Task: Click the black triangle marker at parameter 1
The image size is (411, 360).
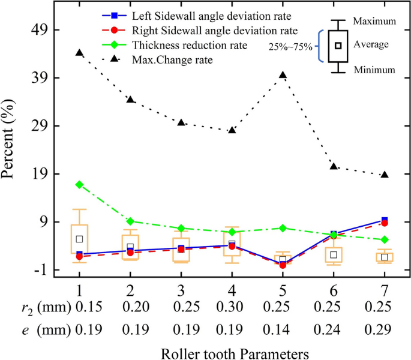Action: coord(79,53)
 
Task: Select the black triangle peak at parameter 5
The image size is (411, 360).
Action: coord(283,75)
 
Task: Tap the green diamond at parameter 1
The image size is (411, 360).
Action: coord(79,184)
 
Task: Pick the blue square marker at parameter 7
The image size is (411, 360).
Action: coord(385,220)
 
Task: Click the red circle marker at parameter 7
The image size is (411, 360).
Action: coord(385,223)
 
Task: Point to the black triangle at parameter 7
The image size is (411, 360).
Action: coord(385,175)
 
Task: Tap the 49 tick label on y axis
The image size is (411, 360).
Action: coord(48,30)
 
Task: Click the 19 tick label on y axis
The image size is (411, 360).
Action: coord(48,174)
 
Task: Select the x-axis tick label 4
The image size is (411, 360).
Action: coord(232,289)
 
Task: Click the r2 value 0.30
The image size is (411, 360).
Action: coord(232,308)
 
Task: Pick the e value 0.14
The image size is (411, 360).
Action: coord(283,329)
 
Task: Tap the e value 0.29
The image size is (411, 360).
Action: coord(385,329)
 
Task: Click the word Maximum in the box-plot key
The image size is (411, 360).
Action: coord(374,21)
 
